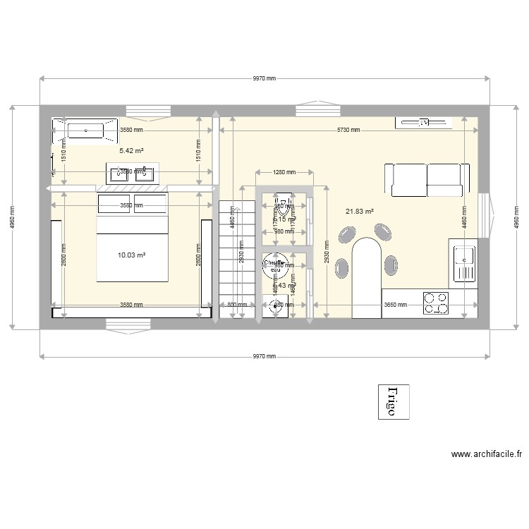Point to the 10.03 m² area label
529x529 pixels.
(x=131, y=255)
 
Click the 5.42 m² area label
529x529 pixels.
(x=131, y=151)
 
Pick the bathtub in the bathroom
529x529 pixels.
(x=84, y=130)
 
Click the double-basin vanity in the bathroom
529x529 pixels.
(x=133, y=173)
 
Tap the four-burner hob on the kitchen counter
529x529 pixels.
(x=436, y=303)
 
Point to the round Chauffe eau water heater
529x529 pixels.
(x=273, y=265)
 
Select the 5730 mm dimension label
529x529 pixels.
(x=348, y=130)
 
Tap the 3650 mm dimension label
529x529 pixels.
(x=395, y=305)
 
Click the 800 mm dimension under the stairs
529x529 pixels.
(x=233, y=305)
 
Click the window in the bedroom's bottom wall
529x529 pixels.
(x=128, y=324)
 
